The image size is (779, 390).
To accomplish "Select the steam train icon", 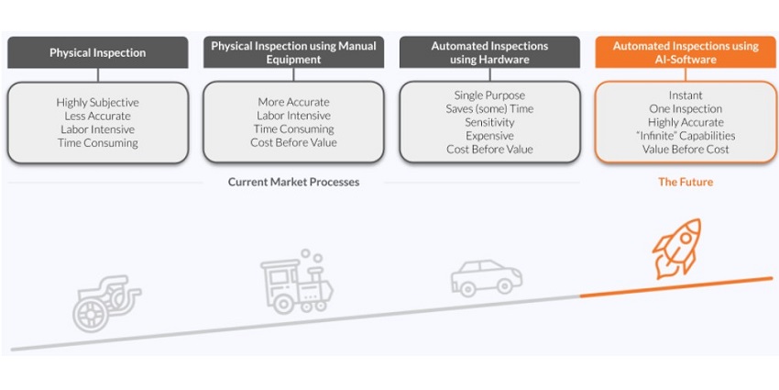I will tap(294, 279).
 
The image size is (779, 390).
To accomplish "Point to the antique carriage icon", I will tap(104, 299).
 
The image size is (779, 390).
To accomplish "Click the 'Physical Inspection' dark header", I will tap(97, 52).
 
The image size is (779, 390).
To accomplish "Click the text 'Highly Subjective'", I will tap(97, 102).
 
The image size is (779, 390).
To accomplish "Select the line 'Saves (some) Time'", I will tap(489, 108).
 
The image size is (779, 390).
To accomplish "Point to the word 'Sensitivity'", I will tap(489, 122).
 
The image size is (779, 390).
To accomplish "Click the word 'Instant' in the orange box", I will tap(686, 95).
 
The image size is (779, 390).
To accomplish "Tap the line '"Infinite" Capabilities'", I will tap(686, 136).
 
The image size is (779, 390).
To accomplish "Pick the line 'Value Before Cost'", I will tap(686, 150).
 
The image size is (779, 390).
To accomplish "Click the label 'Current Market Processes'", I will tap(293, 182).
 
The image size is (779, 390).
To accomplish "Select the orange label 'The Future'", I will tap(685, 182).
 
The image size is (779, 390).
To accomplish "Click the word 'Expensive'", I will tap(489, 136).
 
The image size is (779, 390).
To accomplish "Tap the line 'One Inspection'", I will tap(686, 108).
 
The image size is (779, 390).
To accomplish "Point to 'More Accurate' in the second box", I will tap(293, 102).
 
